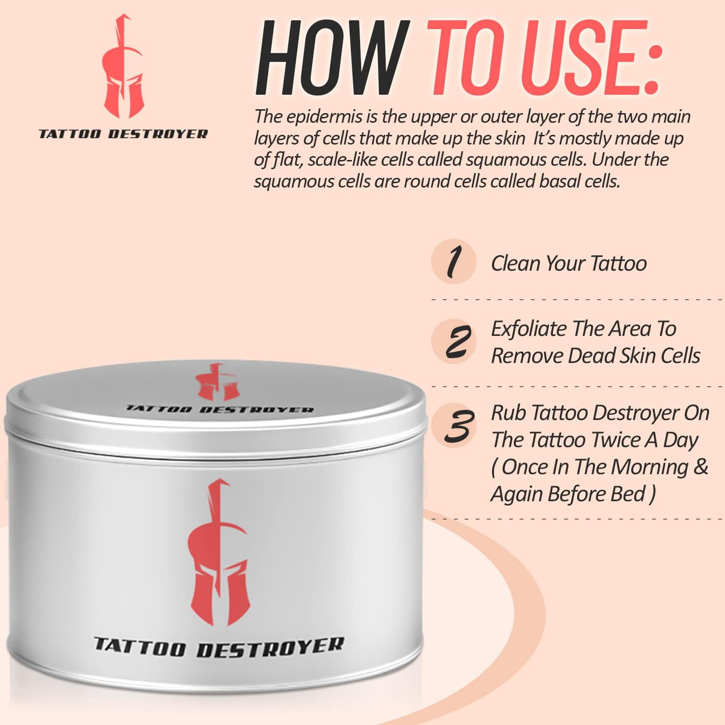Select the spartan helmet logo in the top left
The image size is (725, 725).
tap(123, 68)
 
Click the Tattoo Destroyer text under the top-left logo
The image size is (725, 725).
tap(123, 134)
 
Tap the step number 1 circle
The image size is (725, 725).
tap(454, 261)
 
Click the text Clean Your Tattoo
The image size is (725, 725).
tap(568, 264)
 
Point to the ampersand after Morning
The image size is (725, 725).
tap(700, 467)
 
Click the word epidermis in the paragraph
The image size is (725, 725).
tap(321, 117)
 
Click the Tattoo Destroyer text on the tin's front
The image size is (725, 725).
tap(218, 648)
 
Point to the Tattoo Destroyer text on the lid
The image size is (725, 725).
tap(220, 409)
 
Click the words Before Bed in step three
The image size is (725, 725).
tap(602, 494)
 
